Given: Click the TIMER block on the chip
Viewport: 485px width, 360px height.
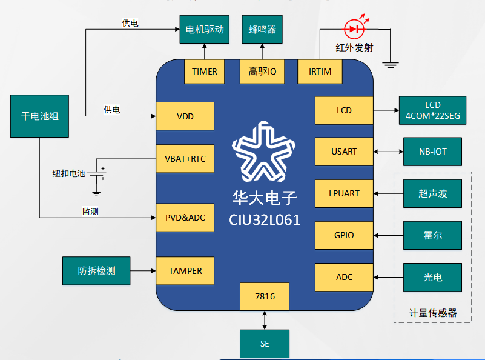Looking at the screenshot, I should pyautogui.click(x=204, y=72).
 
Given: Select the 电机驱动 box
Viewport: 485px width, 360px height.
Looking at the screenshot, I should pyautogui.click(x=205, y=28).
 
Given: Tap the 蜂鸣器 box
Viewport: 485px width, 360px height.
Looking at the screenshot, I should pyautogui.click(x=262, y=28).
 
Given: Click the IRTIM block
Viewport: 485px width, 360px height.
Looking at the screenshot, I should pyautogui.click(x=320, y=72).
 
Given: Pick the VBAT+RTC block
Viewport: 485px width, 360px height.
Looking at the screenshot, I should pyautogui.click(x=185, y=159).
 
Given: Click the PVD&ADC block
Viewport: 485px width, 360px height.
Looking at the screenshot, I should pyautogui.click(x=185, y=217).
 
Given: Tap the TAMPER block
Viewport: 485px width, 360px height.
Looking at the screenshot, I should pyautogui.click(x=185, y=271).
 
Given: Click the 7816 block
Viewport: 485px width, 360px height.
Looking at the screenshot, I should pyautogui.click(x=265, y=297).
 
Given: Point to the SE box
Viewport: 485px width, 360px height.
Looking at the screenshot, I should pyautogui.click(x=265, y=344).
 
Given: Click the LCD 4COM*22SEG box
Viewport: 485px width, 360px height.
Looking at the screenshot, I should pyautogui.click(x=432, y=111).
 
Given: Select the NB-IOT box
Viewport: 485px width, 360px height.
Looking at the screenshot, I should pyautogui.click(x=432, y=152).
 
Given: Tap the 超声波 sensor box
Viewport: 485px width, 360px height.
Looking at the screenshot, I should pyautogui.click(x=432, y=194).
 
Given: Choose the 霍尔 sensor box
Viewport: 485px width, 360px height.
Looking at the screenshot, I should pyautogui.click(x=432, y=235).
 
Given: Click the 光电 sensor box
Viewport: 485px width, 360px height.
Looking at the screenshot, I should pyautogui.click(x=432, y=277).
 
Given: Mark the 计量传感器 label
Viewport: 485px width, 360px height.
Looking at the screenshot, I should pyautogui.click(x=432, y=313).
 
